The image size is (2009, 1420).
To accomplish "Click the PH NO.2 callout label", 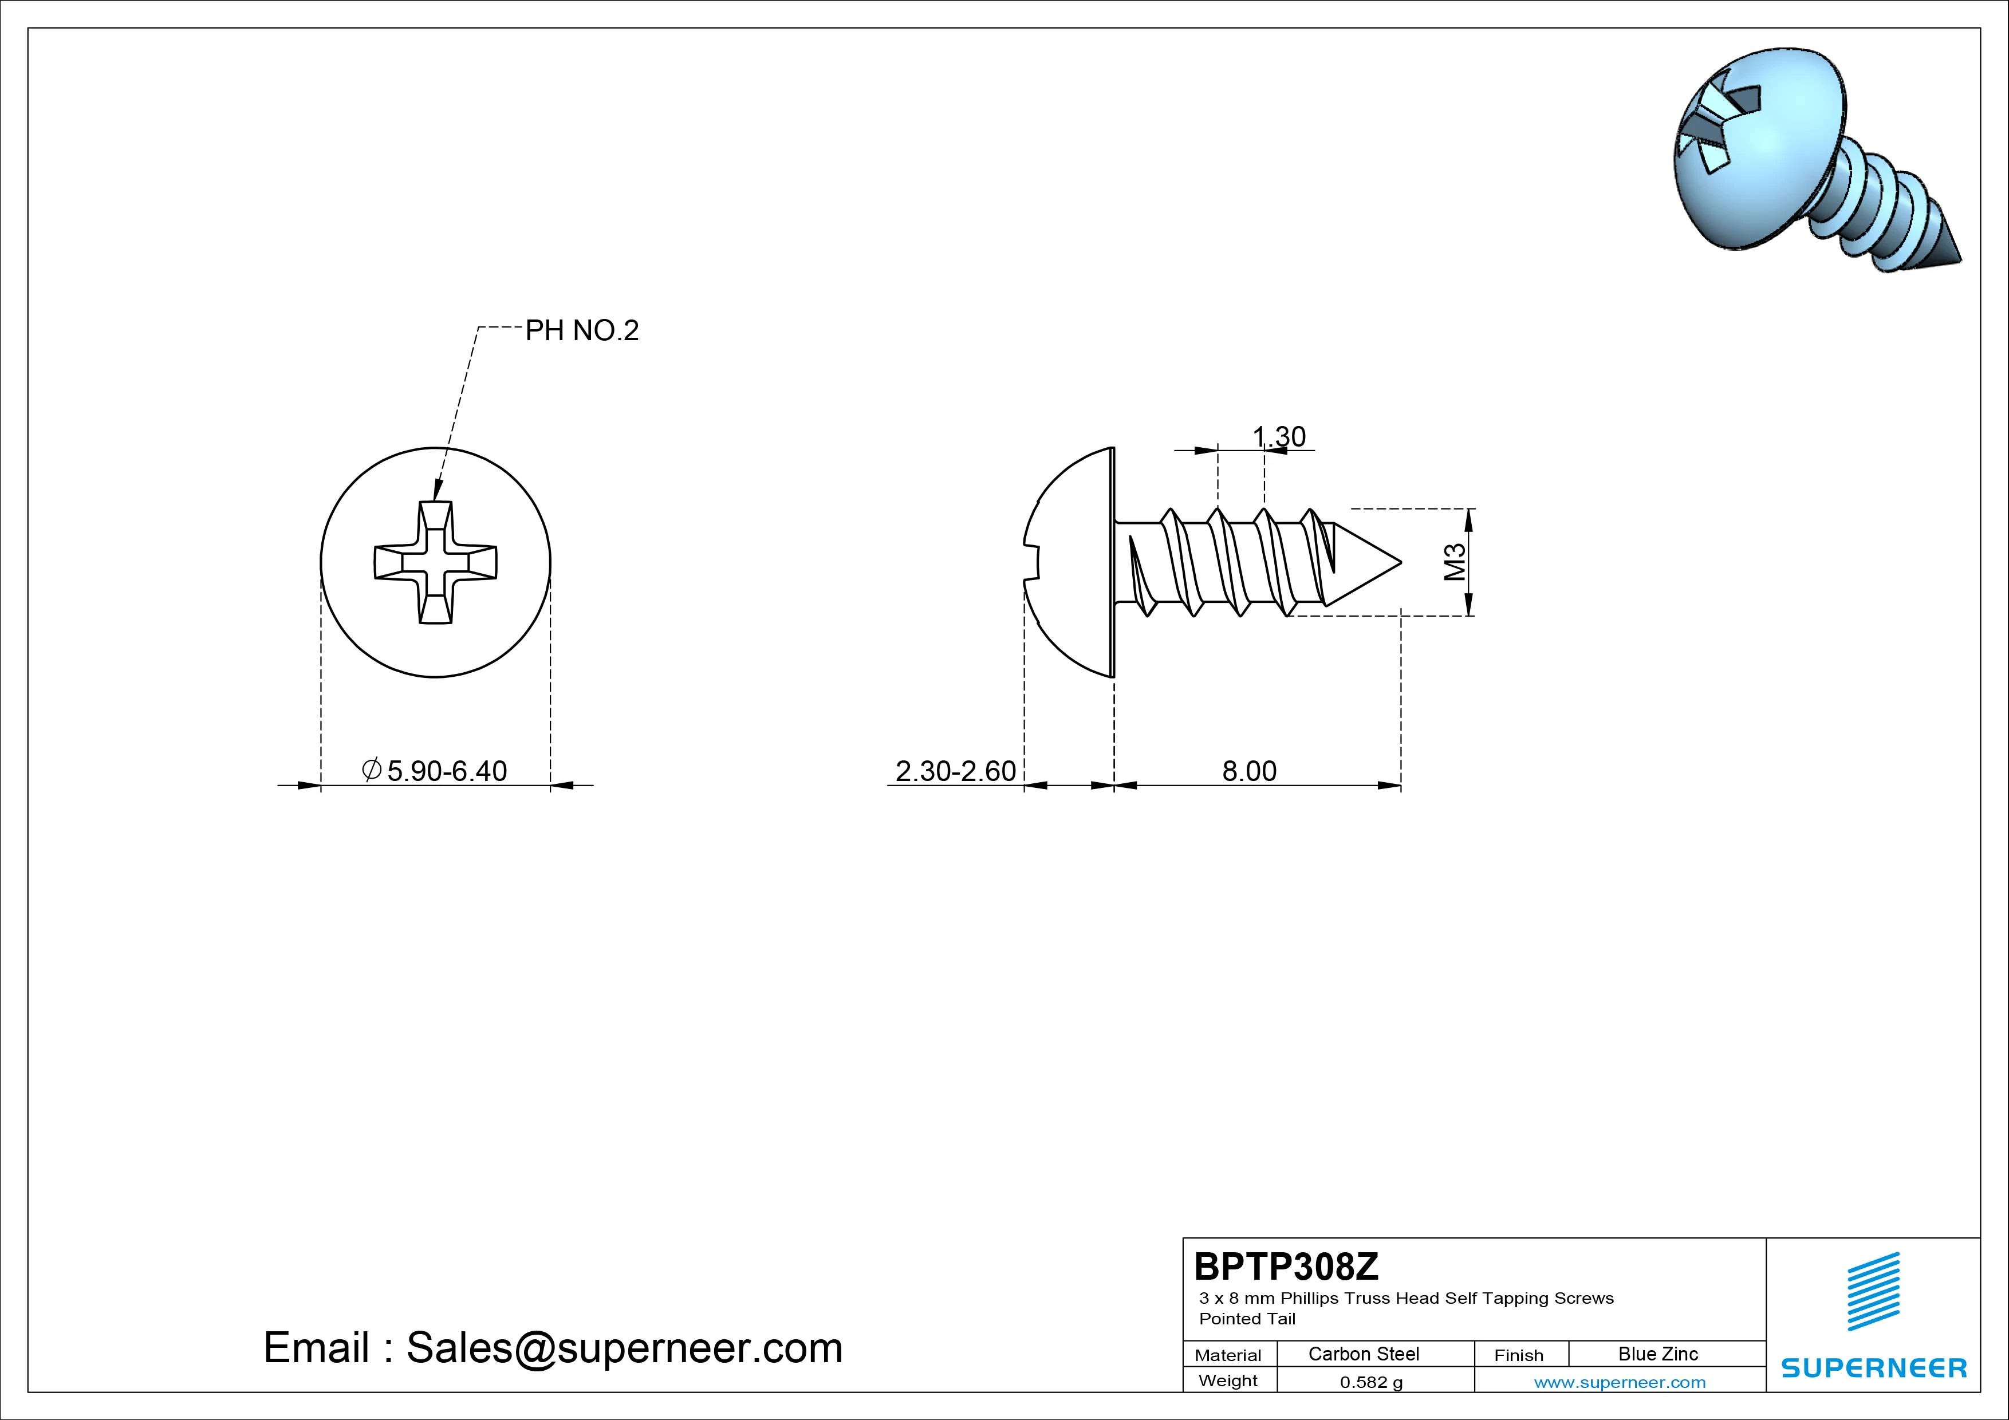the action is click(x=582, y=331).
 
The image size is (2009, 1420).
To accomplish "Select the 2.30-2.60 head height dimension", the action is click(x=955, y=771).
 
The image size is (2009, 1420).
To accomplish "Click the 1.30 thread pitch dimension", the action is click(x=1279, y=436).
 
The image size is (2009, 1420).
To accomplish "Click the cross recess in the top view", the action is click(x=436, y=562).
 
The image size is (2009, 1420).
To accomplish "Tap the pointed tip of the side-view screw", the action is click(x=1401, y=562).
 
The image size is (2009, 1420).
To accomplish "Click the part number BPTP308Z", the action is click(x=1286, y=1266).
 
